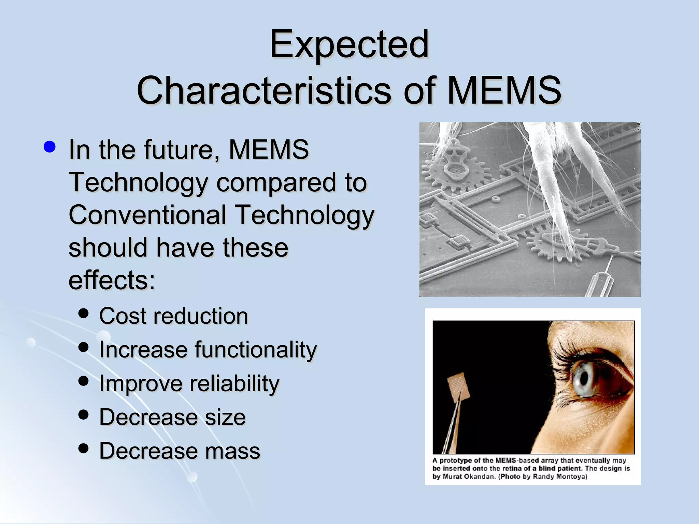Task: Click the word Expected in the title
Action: (349, 44)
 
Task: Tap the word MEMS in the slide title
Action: (504, 90)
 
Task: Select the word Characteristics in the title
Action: (263, 90)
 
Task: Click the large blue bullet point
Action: (50, 147)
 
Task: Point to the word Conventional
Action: (147, 215)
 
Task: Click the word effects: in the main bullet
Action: (112, 280)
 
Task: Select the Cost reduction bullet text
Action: (173, 316)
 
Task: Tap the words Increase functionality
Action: (208, 350)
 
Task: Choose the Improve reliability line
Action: (189, 383)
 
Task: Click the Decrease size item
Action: (172, 417)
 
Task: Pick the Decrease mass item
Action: (180, 451)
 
